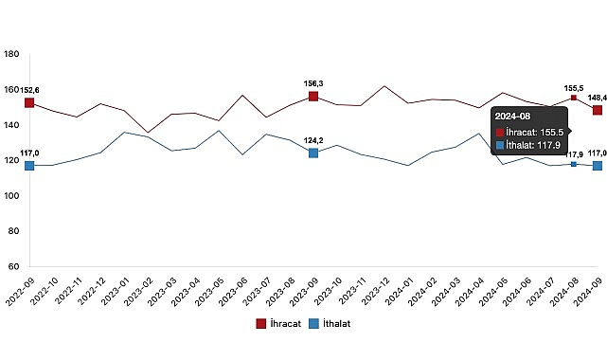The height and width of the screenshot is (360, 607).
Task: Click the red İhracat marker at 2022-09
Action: [x=29, y=102]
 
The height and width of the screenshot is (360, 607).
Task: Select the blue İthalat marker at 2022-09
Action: [x=29, y=166]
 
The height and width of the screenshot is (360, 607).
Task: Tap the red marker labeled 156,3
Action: [x=313, y=97]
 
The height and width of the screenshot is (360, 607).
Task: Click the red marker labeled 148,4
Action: [x=598, y=110]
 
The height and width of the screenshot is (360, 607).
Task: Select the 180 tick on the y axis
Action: [x=13, y=55]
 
